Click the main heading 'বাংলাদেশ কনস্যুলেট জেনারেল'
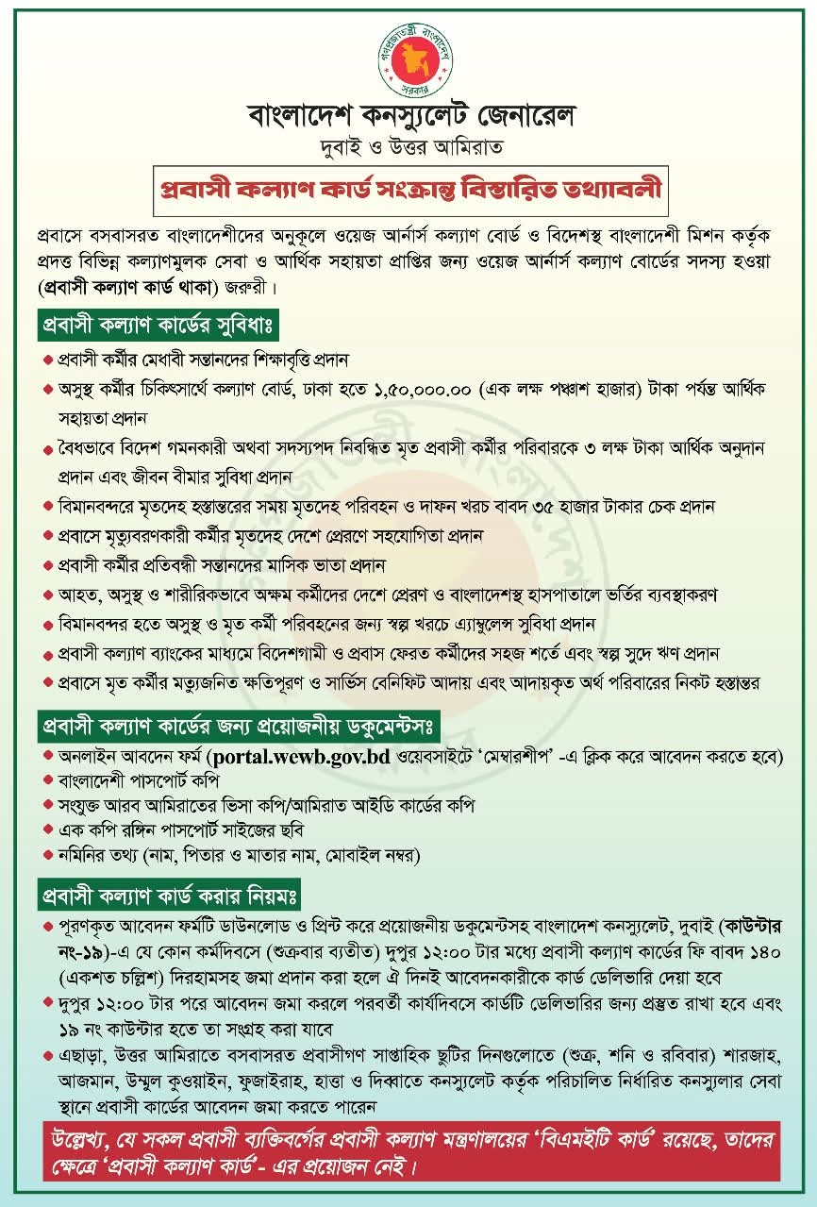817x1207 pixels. pos(408,117)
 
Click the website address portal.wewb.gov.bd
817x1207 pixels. pos(301,757)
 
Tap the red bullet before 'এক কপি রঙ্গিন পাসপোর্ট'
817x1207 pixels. pos(48,831)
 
